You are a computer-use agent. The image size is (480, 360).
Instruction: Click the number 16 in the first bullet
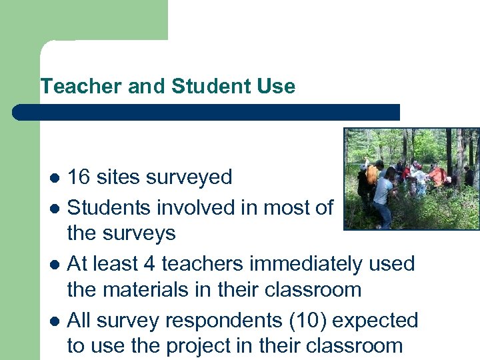(79, 177)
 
